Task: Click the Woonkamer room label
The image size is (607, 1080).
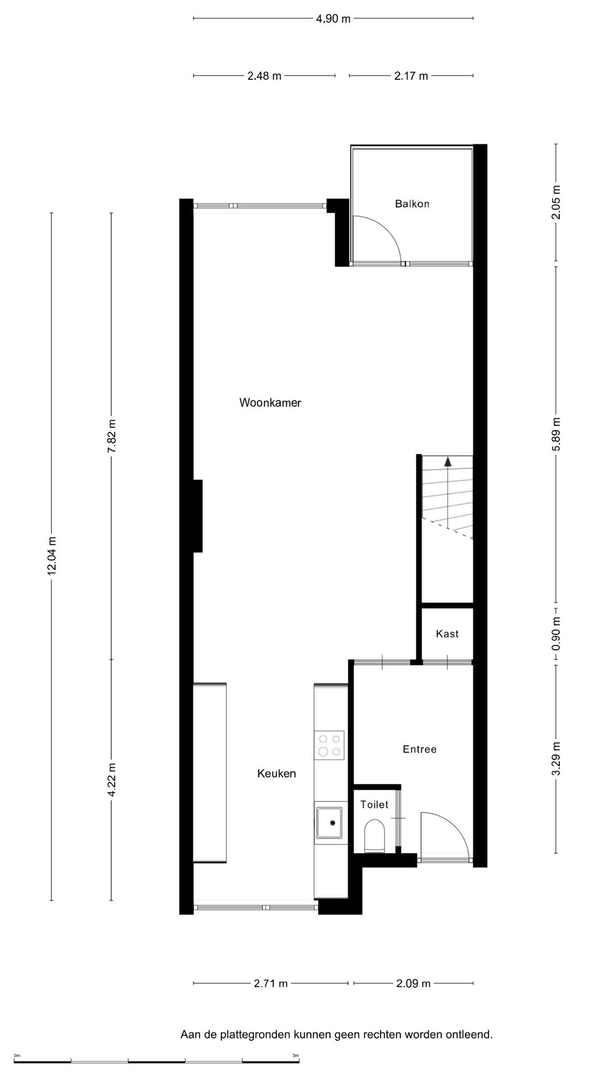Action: pyautogui.click(x=270, y=403)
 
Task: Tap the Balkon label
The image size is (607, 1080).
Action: pyautogui.click(x=412, y=204)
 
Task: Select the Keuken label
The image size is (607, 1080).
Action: pyautogui.click(x=277, y=773)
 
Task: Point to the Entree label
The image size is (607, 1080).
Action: pyautogui.click(x=420, y=749)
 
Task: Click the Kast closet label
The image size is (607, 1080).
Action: pyautogui.click(x=447, y=634)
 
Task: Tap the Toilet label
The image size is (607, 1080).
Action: pyautogui.click(x=374, y=805)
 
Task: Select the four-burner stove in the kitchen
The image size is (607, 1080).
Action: pyautogui.click(x=329, y=745)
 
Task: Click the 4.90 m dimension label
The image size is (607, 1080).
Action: pyautogui.click(x=333, y=19)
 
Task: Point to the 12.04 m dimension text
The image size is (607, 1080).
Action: pyautogui.click(x=52, y=556)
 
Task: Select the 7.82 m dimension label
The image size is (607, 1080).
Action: pyautogui.click(x=112, y=436)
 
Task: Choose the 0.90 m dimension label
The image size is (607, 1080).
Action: pyautogui.click(x=556, y=634)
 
